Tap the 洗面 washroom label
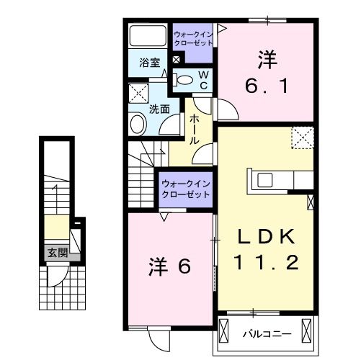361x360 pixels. tap(159, 109)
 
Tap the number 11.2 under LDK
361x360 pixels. tap(266, 263)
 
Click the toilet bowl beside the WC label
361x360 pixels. tap(184, 80)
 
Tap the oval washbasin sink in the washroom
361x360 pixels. tap(138, 124)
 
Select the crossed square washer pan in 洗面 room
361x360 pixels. tap(138, 93)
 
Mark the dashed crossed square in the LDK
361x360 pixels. tap(301, 137)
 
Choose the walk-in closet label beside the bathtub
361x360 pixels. tap(193, 38)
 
